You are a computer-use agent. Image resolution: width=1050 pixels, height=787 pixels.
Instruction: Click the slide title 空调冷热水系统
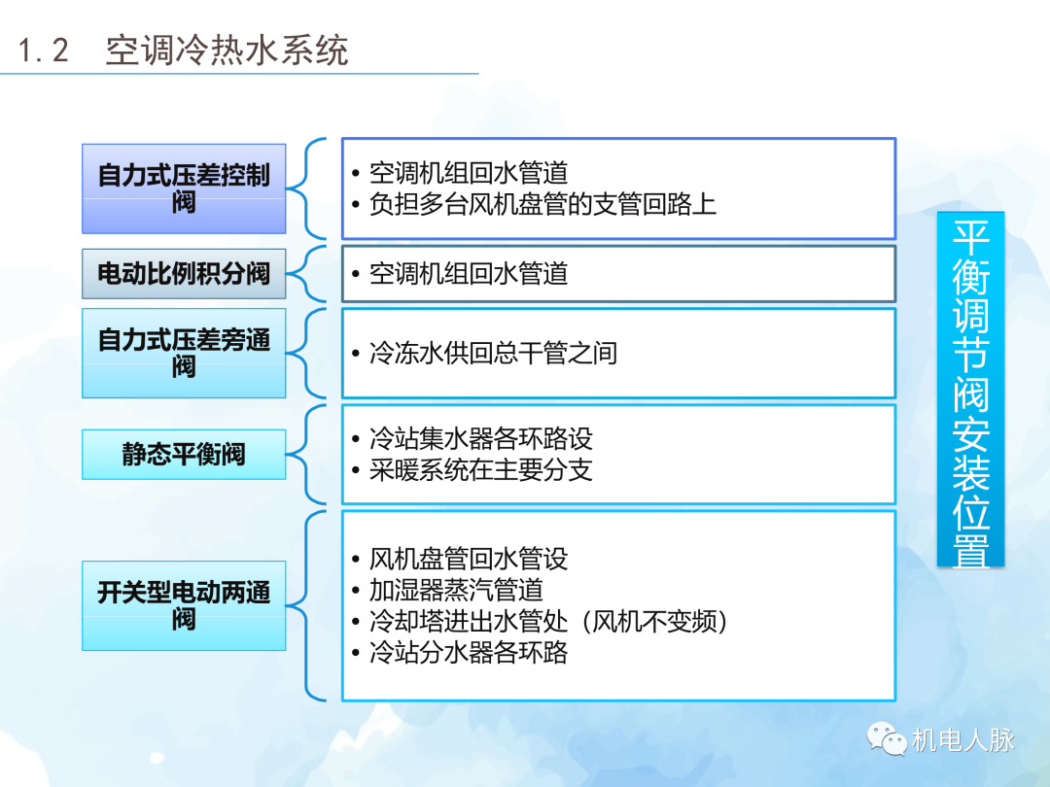227,51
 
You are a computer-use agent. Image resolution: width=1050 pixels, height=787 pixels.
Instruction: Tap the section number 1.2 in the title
45,51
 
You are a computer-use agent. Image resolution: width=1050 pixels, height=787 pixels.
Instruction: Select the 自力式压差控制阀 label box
184,188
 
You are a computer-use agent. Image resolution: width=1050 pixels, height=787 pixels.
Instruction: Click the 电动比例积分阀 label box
184,274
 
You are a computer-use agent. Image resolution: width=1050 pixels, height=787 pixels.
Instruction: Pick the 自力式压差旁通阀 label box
184,354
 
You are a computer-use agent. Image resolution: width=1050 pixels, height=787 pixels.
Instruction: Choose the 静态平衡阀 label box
184,455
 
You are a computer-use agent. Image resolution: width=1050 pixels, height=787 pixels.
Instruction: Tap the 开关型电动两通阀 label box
184,605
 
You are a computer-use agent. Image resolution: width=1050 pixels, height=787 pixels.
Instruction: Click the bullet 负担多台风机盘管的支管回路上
542,204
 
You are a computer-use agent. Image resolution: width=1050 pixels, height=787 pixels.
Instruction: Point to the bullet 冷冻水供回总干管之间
493,353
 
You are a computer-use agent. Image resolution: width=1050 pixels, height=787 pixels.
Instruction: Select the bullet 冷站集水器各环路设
480,438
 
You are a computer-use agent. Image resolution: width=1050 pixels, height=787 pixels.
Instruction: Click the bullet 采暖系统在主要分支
480,470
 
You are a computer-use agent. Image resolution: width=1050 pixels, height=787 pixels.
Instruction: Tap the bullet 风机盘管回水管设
469,559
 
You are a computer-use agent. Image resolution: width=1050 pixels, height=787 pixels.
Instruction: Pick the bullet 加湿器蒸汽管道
456,590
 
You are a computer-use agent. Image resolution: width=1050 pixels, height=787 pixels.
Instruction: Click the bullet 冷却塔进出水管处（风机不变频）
548,621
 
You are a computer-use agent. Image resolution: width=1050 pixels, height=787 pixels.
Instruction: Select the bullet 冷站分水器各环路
469,652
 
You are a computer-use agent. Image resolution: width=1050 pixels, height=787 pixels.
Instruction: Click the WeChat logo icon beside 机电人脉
888,739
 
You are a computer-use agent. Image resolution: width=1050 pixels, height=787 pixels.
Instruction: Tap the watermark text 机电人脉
963,740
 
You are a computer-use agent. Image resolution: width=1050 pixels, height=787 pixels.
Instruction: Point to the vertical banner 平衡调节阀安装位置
970,390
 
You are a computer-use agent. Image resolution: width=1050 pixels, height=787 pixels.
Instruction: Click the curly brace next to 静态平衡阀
314,455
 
